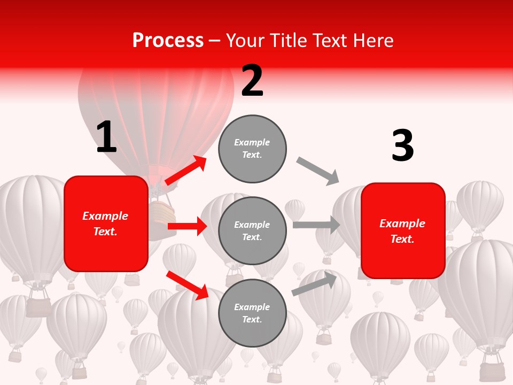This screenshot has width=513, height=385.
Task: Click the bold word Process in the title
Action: pyautogui.click(x=168, y=41)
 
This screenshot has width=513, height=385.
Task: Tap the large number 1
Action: pyautogui.click(x=106, y=137)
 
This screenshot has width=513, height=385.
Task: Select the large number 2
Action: pyautogui.click(x=252, y=81)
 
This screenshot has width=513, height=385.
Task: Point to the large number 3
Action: pyautogui.click(x=402, y=146)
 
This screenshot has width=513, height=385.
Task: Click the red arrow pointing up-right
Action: pyautogui.click(x=185, y=171)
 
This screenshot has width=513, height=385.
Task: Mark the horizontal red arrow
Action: pyautogui.click(x=187, y=226)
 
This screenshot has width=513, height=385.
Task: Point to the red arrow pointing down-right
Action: pyautogui.click(x=187, y=285)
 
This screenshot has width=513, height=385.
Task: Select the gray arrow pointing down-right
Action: pyautogui.click(x=318, y=171)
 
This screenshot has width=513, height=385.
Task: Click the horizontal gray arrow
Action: pyautogui.click(x=316, y=225)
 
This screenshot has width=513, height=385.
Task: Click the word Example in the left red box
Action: pyautogui.click(x=106, y=216)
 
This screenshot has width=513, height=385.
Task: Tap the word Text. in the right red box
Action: pyautogui.click(x=403, y=239)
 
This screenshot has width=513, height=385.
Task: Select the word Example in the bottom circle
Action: pyautogui.click(x=252, y=307)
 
